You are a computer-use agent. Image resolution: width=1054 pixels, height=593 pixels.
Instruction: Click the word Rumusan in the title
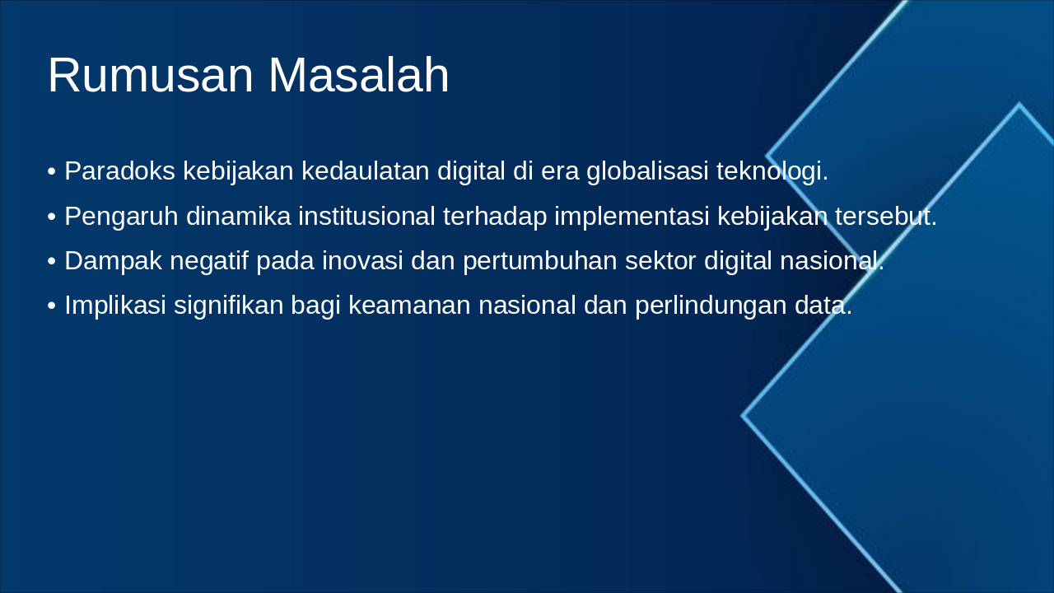click(x=151, y=75)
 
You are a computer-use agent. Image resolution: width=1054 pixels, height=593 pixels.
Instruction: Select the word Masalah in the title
click(x=359, y=75)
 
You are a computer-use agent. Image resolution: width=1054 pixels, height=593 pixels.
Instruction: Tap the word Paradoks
click(x=120, y=170)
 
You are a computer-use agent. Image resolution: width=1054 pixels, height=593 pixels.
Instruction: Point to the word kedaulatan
click(x=365, y=170)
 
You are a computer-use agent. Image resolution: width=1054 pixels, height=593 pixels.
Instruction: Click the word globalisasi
click(x=647, y=171)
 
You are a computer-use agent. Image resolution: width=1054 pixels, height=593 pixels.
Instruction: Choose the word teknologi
click(x=772, y=171)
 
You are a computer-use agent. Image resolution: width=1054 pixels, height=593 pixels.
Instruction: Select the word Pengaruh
click(x=121, y=217)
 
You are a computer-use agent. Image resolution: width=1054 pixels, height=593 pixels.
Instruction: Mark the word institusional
click(x=366, y=216)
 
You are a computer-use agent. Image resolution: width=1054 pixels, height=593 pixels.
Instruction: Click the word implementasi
click(x=632, y=217)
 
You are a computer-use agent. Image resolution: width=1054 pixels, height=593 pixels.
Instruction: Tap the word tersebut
click(x=886, y=216)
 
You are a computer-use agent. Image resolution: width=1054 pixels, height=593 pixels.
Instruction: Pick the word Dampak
click(x=114, y=261)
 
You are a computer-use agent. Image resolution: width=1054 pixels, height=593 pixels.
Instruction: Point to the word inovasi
click(x=362, y=261)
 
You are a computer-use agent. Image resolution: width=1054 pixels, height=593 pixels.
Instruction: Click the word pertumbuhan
click(x=539, y=262)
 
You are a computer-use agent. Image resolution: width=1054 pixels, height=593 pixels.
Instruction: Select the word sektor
click(x=660, y=261)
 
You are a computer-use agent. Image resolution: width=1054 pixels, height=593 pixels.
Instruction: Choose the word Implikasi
click(x=115, y=306)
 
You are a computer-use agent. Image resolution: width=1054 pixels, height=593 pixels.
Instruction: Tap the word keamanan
click(x=409, y=305)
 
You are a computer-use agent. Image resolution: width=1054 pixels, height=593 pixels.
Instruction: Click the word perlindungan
click(x=711, y=306)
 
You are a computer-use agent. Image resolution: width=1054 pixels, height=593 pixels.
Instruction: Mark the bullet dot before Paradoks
click(x=52, y=171)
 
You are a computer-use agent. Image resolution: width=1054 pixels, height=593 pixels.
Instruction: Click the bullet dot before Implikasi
click(x=52, y=306)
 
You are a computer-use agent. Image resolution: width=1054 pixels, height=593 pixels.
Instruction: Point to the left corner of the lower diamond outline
click(x=742, y=416)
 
